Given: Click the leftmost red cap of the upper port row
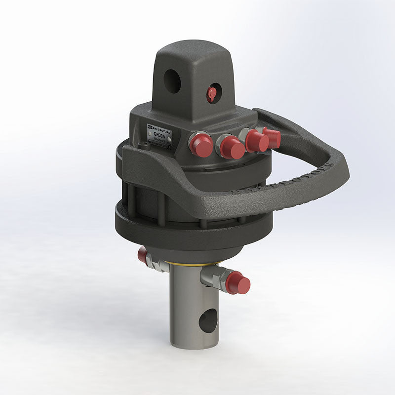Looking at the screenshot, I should pos(202,146).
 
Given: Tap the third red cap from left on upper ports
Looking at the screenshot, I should pos(257,141).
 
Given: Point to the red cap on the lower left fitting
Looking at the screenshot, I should pos(142,255).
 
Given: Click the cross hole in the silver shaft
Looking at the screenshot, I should pos(208,321).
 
